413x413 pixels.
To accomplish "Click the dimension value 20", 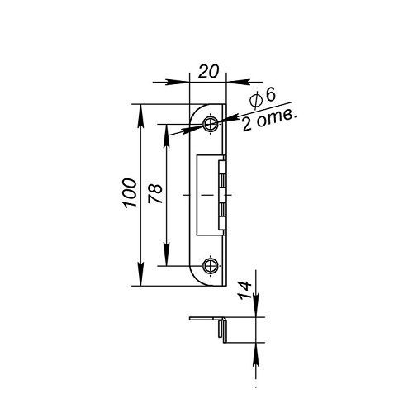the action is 208,71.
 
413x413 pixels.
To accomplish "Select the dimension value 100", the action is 130,192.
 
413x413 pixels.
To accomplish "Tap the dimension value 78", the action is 155,194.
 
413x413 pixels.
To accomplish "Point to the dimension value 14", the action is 245,290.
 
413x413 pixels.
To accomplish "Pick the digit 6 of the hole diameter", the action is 270,95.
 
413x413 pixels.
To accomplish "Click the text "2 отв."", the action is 269,121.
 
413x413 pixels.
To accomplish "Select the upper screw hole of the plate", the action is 211,124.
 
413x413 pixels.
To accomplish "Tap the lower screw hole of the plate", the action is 211,266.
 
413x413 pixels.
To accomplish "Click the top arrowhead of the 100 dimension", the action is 140,116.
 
